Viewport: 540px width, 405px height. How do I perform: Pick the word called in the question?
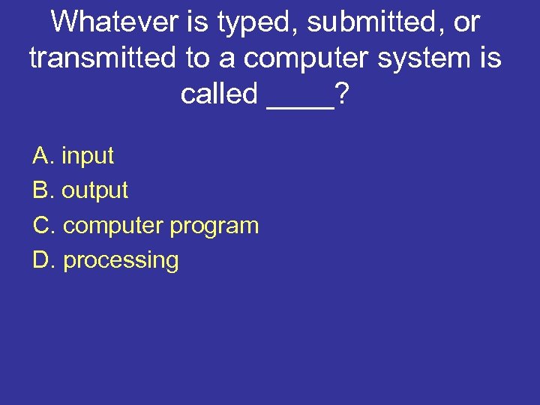[x=219, y=94]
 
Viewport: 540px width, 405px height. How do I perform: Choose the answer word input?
[x=88, y=156]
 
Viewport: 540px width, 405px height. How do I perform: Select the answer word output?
[x=95, y=191]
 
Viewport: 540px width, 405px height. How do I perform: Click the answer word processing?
[x=121, y=261]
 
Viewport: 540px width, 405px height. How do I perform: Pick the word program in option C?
[x=214, y=226]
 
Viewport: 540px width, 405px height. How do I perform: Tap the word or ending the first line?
[x=466, y=22]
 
